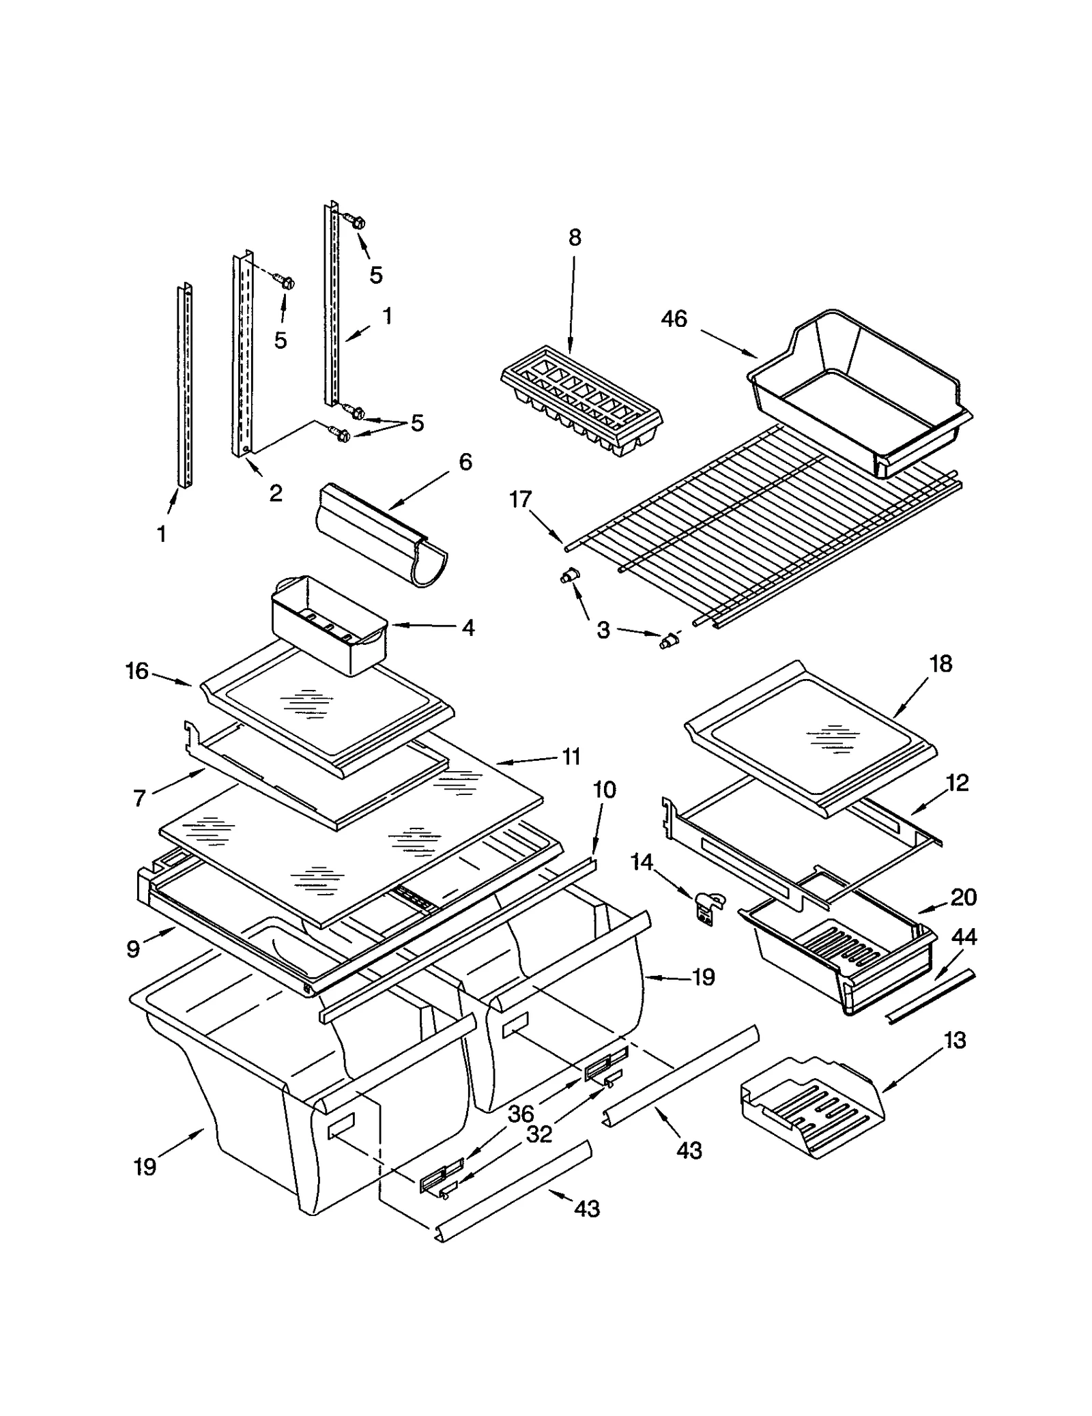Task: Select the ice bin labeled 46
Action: [860, 396]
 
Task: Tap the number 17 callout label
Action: [520, 500]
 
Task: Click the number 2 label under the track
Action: [276, 493]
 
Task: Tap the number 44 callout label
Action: [963, 938]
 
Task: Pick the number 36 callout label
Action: [521, 1114]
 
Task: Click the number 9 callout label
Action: [133, 949]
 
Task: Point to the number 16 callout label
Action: [136, 671]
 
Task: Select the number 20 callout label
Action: [963, 897]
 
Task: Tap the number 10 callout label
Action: [604, 790]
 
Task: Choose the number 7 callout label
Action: [139, 798]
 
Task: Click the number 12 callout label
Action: [958, 783]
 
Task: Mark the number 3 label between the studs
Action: [603, 630]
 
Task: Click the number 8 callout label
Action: [575, 237]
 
